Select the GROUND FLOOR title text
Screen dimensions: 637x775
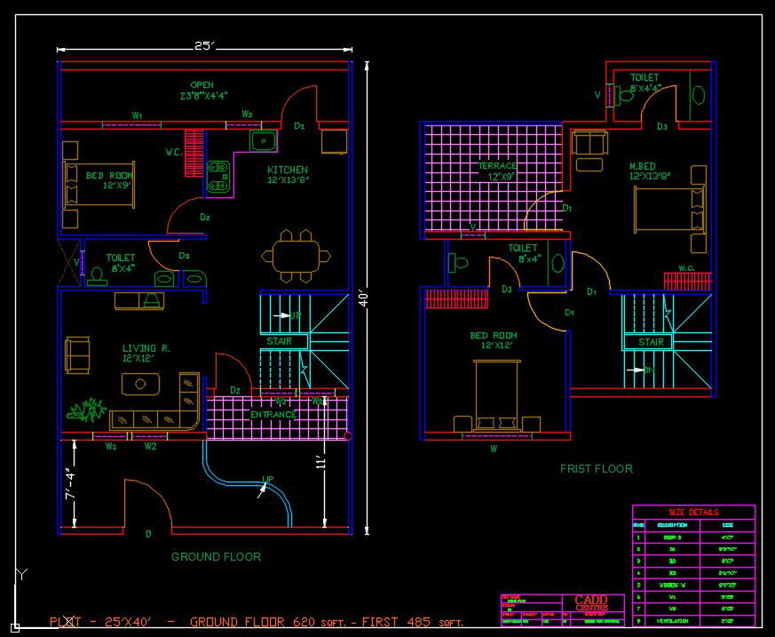pos(216,557)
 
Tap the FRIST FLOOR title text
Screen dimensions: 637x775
pos(596,468)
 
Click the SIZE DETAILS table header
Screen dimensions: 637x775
pos(693,513)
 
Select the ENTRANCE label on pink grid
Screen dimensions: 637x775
pos(273,415)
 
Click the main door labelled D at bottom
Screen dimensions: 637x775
pos(148,534)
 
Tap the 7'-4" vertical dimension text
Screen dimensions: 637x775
pos(71,484)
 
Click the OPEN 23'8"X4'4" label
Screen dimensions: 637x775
pos(203,91)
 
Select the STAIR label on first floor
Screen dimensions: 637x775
pos(651,342)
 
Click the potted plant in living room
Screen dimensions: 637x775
pos(87,410)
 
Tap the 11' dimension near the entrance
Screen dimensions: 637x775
pos(322,463)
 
